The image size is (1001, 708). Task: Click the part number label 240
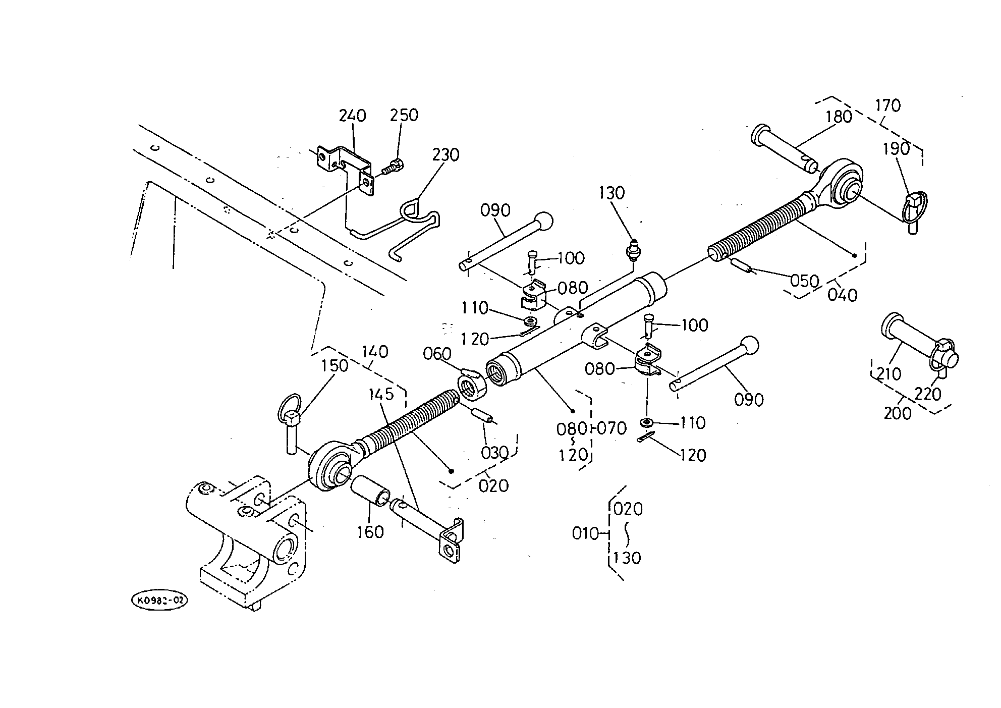352,116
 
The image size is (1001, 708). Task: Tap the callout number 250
404,115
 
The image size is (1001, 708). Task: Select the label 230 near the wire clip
445,154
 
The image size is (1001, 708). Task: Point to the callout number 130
612,193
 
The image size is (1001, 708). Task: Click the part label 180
839,117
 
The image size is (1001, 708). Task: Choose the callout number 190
897,148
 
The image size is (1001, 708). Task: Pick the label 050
804,281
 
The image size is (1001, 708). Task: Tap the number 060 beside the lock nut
437,354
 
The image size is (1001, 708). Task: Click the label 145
381,394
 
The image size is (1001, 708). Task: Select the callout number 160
370,532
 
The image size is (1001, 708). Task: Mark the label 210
888,374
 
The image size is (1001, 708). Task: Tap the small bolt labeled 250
391,167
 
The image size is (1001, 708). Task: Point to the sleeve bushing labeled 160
370,489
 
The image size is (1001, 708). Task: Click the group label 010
585,533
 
